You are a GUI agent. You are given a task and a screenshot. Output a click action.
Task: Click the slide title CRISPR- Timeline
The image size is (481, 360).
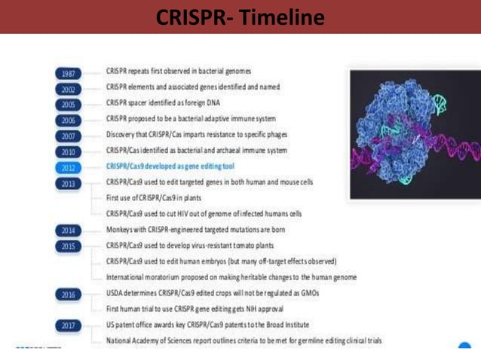pos(240,16)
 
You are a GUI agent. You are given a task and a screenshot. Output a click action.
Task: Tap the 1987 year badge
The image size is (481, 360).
pos(68,74)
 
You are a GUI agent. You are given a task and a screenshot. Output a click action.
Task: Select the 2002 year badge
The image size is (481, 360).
pos(68,89)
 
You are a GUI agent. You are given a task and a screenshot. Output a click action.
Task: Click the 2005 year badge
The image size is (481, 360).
pos(68,105)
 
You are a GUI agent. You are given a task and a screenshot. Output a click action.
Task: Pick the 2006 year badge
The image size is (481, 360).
pos(68,121)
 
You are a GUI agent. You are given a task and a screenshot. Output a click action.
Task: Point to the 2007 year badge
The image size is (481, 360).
pos(68,136)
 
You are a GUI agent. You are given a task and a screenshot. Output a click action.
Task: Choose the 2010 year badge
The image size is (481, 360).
pos(68,152)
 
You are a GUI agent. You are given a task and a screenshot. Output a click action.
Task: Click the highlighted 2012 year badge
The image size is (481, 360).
pos(68,168)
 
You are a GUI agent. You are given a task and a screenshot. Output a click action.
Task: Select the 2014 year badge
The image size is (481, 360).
pos(68,230)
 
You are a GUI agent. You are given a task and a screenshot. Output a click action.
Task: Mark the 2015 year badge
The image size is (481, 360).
pos(68,246)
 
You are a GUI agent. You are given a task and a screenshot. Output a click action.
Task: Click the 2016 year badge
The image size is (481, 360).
pos(68,294)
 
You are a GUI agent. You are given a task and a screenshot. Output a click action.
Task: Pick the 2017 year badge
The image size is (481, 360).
pos(68,325)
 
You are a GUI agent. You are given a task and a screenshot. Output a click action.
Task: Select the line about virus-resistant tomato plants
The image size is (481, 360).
pos(188,246)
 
